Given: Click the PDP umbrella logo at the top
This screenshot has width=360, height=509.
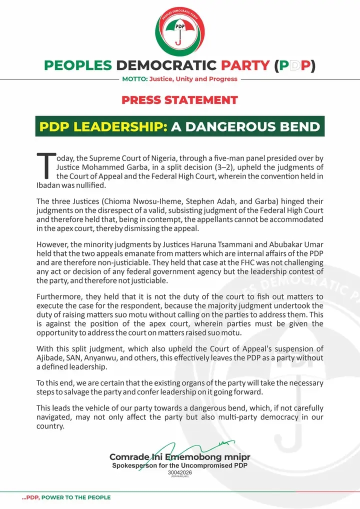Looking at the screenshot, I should (179, 33).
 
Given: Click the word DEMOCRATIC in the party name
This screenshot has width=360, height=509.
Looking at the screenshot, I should (164, 65).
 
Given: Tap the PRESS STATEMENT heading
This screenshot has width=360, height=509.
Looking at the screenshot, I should (179, 99).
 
